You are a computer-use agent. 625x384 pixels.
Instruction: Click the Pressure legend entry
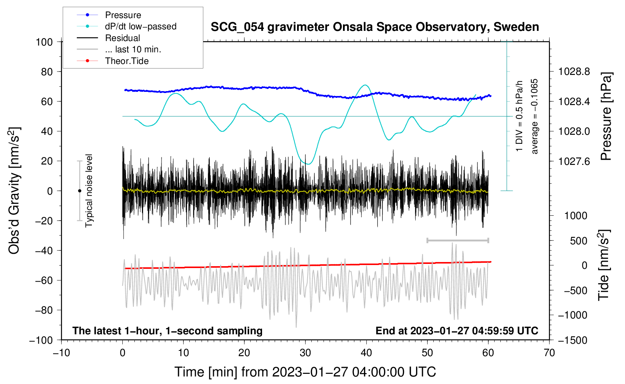[123, 15]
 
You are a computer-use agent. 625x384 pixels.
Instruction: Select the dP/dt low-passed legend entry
[140, 26]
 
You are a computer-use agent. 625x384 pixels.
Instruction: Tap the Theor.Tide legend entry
[127, 61]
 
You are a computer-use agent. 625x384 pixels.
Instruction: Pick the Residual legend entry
[122, 38]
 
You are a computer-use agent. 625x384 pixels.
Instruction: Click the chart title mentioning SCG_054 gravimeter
[375, 27]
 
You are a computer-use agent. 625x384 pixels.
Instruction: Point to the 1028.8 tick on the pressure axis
[574, 72]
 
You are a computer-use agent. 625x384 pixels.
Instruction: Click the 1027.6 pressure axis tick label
[574, 161]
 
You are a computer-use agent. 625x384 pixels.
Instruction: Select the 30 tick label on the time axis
[305, 353]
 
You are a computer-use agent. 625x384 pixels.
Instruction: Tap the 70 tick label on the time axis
[549, 353]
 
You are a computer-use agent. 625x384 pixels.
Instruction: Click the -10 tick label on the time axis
[61, 353]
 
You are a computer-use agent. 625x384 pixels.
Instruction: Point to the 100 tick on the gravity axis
[44, 42]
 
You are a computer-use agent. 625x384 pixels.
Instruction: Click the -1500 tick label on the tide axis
[572, 340]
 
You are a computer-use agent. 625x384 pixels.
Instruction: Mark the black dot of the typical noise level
[79, 191]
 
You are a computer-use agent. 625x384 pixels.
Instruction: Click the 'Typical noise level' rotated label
[89, 190]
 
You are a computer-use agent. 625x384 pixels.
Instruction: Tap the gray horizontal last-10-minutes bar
[457, 240]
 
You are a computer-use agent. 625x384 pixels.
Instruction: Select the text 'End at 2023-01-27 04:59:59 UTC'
[457, 331]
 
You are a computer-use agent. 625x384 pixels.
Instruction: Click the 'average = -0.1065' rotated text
[535, 116]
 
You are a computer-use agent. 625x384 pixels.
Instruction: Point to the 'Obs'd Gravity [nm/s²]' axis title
[14, 190]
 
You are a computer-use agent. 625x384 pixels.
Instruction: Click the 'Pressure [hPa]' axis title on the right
[606, 116]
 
